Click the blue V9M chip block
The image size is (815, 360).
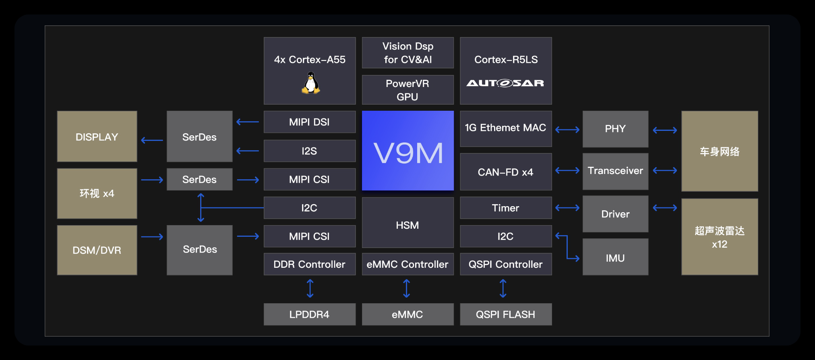407,151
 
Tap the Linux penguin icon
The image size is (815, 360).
310,83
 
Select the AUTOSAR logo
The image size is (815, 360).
505,83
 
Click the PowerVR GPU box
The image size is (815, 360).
407,90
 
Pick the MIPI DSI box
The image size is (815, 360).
309,122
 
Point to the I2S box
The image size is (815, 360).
309,151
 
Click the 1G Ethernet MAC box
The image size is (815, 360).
506,128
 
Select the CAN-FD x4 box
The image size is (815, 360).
506,172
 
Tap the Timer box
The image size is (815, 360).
506,208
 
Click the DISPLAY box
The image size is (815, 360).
97,137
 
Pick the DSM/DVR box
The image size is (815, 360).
97,250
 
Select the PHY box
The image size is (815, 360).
615,129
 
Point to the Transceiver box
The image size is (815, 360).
615,171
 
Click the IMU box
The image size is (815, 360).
615,257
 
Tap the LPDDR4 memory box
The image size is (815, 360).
309,314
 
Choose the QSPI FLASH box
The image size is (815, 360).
506,314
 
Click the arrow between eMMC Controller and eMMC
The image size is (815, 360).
407,289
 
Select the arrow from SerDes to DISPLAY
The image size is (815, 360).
152,140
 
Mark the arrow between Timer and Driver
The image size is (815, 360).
567,208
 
